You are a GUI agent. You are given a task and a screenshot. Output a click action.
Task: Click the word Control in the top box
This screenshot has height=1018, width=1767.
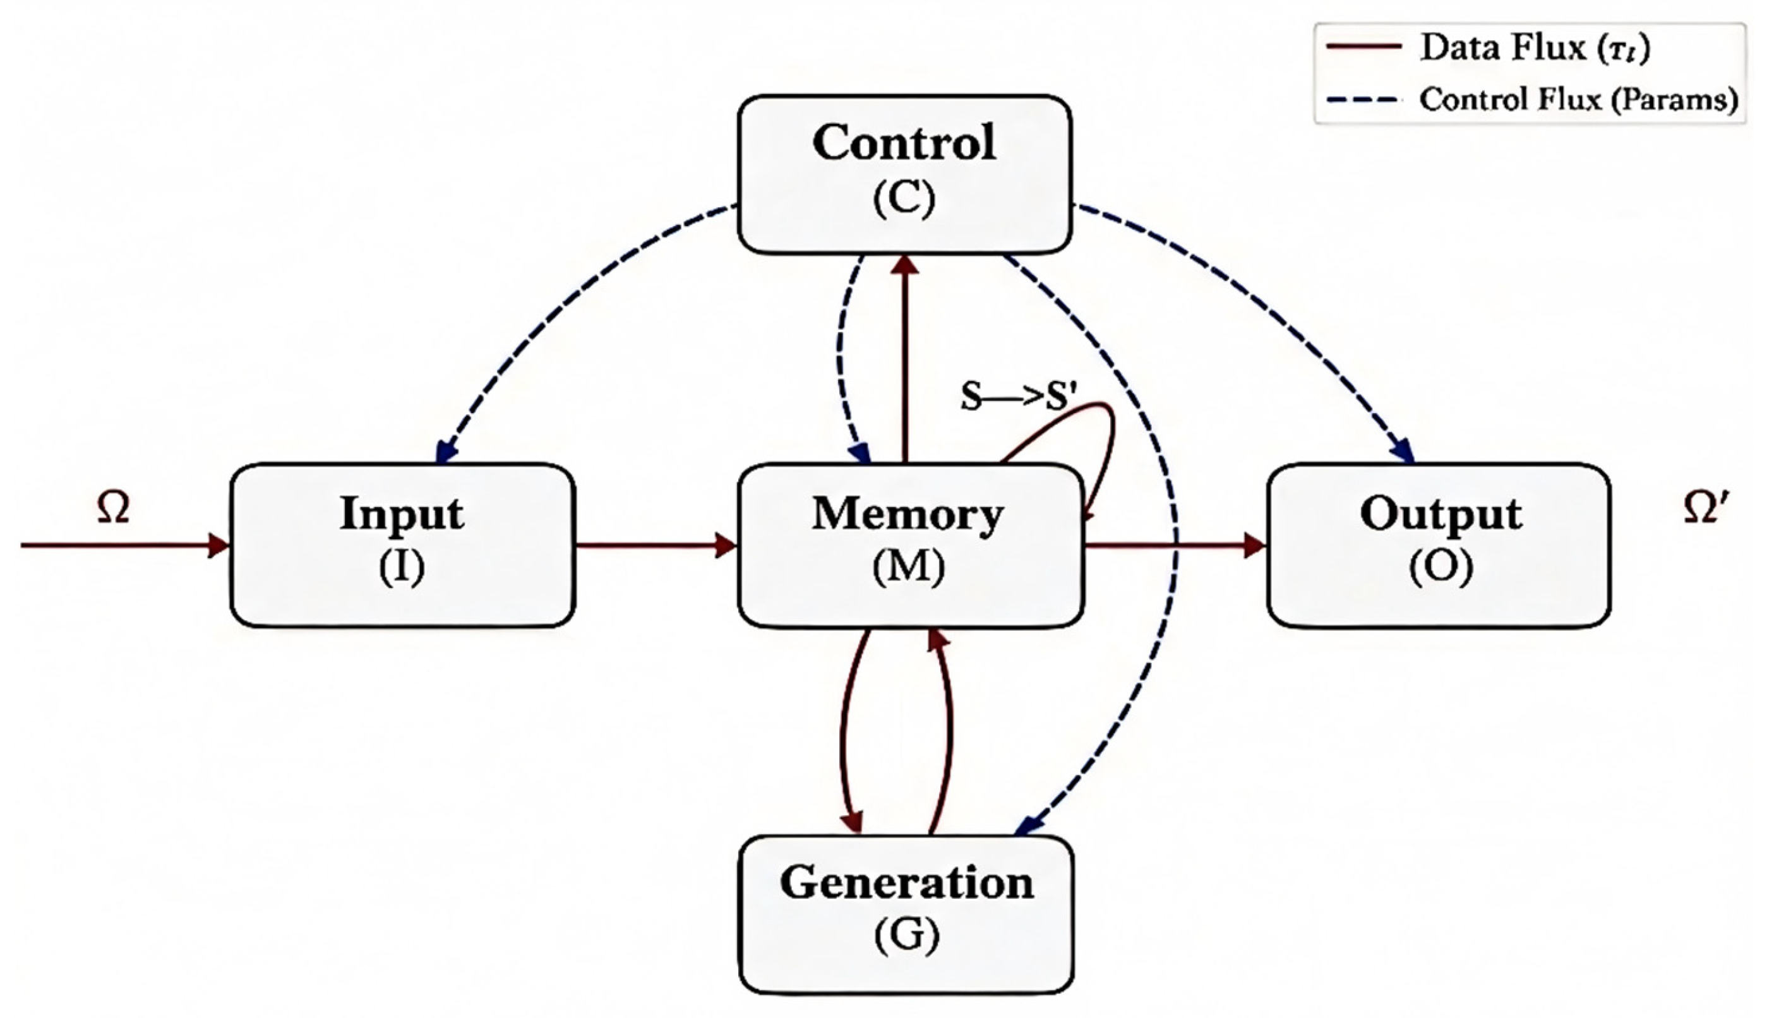coord(904,143)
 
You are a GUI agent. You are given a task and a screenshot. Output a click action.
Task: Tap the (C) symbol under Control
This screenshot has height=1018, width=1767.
coord(904,200)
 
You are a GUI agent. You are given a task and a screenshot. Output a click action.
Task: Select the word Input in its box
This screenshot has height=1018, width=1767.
coord(401,514)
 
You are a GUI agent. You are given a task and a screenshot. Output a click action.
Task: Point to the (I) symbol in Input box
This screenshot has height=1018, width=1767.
coord(401,566)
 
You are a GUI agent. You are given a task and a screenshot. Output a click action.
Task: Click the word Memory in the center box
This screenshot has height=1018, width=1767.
coord(907,515)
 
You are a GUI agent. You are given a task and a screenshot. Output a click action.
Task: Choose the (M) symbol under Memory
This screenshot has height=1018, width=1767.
coord(908,566)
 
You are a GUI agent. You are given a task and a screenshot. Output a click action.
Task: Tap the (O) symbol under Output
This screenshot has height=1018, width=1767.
coord(1441,566)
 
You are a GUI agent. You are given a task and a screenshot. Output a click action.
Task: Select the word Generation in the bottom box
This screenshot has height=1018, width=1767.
coord(907,883)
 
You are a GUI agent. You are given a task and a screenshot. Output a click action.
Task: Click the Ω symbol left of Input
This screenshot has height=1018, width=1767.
coord(113,508)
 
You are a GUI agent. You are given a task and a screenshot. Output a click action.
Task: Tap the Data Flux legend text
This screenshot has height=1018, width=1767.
coord(1534,48)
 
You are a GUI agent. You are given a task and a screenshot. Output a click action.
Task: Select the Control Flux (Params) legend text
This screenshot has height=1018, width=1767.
coord(1578,100)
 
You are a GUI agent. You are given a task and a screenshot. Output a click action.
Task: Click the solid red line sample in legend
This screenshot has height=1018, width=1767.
coord(1363,47)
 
